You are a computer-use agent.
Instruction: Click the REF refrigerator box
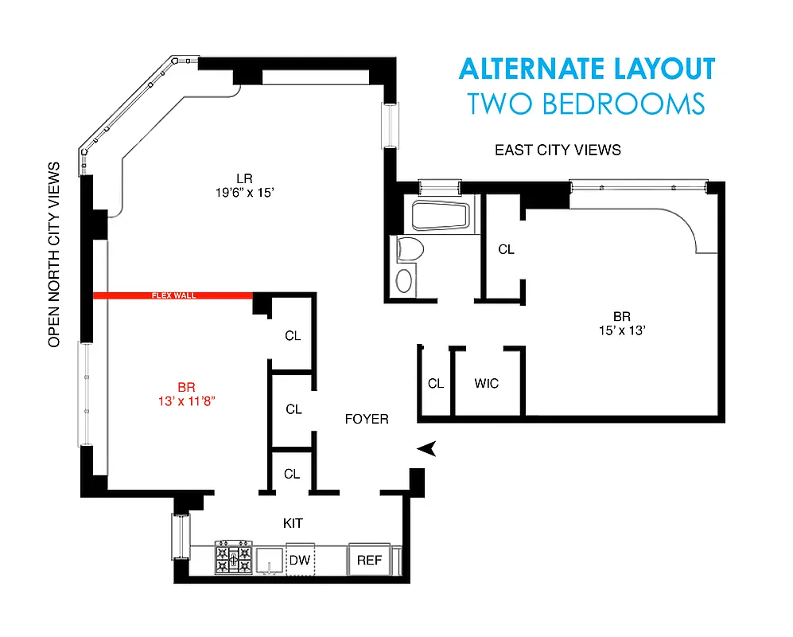[x=369, y=561]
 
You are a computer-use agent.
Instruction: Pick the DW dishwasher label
[x=300, y=561]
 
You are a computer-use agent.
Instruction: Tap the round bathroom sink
[x=406, y=280]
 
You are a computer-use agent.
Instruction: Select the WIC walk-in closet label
[x=487, y=384]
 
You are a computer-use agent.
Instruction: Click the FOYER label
[x=367, y=419]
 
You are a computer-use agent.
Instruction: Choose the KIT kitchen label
[x=293, y=523]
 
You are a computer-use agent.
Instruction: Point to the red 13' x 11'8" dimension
[x=187, y=401]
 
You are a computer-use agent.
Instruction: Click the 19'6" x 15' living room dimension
[x=233, y=192]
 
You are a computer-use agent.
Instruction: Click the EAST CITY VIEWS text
[x=558, y=150]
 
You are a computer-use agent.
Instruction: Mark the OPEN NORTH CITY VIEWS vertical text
[x=54, y=255]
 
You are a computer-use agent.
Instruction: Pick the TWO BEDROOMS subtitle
[x=586, y=104]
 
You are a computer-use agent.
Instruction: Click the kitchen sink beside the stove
[x=271, y=558]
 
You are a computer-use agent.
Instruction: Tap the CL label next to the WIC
[x=435, y=384]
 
